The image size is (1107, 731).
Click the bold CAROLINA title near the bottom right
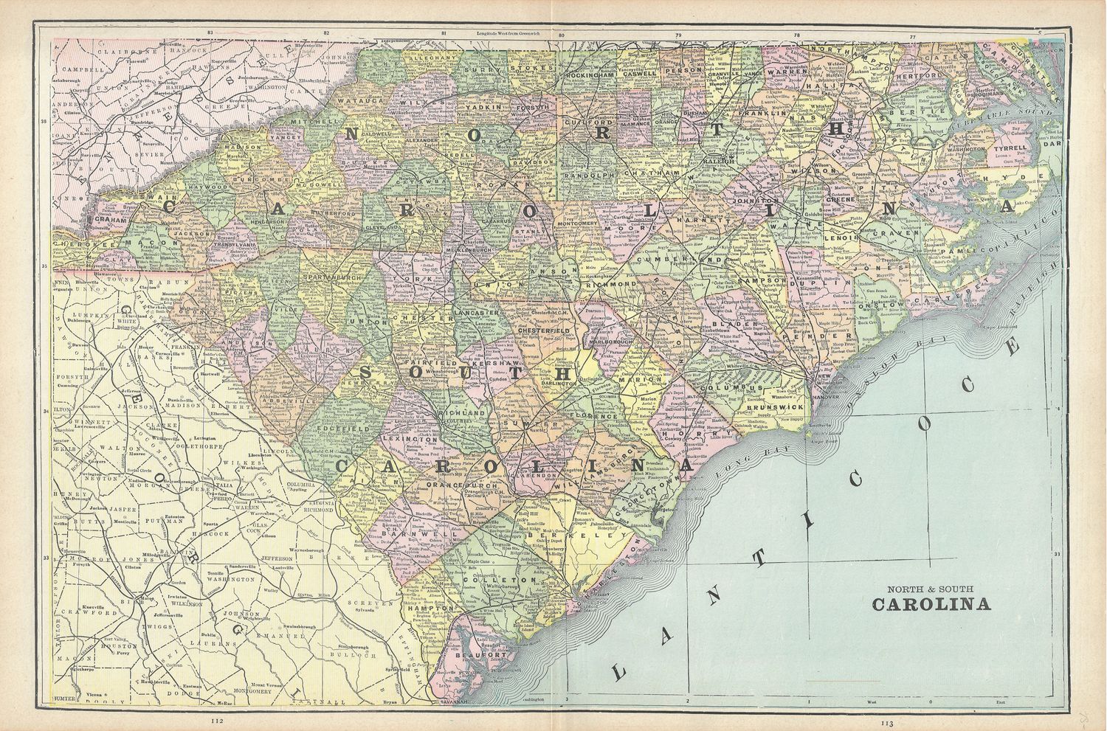tap(931, 605)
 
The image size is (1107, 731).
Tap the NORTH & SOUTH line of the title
tap(931, 588)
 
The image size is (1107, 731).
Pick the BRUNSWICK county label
tap(774, 406)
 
